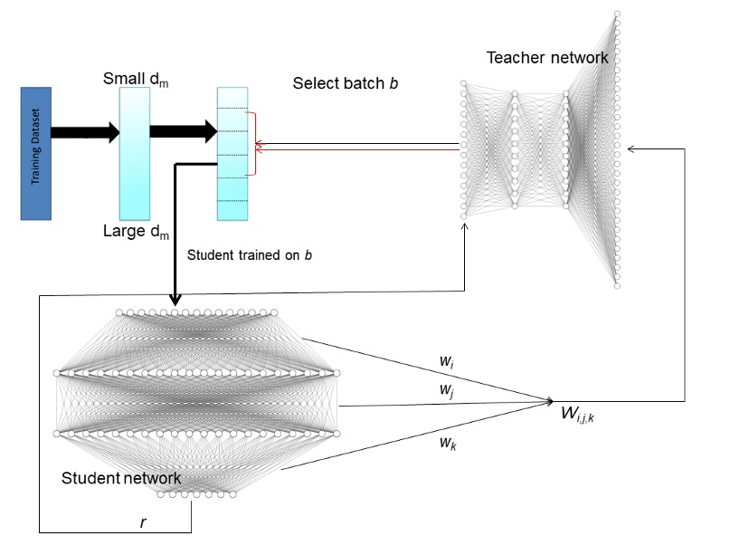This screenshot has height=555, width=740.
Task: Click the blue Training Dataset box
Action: tap(36, 153)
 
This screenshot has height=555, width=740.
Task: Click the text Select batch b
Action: tap(346, 83)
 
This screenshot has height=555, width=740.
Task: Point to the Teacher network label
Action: tap(547, 58)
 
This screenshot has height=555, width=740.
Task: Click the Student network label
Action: tap(121, 477)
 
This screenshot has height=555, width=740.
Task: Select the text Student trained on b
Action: tap(249, 254)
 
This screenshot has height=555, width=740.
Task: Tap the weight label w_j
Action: tap(447, 389)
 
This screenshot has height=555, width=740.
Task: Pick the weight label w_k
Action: tap(447, 443)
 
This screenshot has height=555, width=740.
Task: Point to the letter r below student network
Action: tap(143, 522)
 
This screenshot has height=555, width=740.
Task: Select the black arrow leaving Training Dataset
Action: tap(85, 132)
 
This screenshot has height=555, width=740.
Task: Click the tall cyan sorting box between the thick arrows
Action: tap(135, 154)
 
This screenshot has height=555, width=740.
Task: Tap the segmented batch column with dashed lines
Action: tap(232, 154)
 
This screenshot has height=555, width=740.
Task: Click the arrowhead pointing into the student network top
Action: tap(174, 301)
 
